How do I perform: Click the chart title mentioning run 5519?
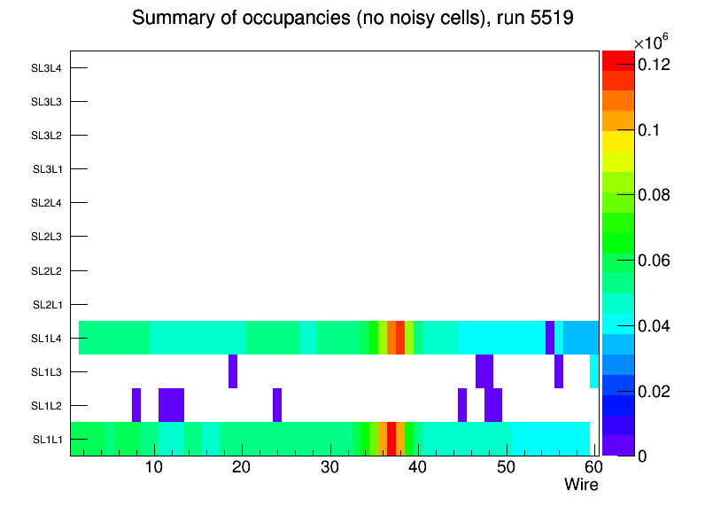[x=352, y=18]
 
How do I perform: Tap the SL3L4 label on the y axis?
[x=47, y=68]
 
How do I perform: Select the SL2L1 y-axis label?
[x=47, y=305]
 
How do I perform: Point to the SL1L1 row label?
[x=47, y=440]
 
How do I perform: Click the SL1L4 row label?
[x=47, y=339]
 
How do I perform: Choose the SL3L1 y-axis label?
[x=47, y=169]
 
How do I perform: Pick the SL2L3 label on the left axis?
[x=47, y=237]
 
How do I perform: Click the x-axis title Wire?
[x=581, y=485]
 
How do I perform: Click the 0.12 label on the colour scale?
[x=659, y=65]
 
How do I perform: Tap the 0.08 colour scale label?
[x=659, y=195]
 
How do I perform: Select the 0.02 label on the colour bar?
[x=659, y=391]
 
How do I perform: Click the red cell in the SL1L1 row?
[x=391, y=439]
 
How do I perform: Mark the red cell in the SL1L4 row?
[x=400, y=338]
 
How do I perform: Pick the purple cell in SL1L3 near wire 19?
[x=233, y=371]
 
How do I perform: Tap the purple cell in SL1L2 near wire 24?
[x=277, y=405]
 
